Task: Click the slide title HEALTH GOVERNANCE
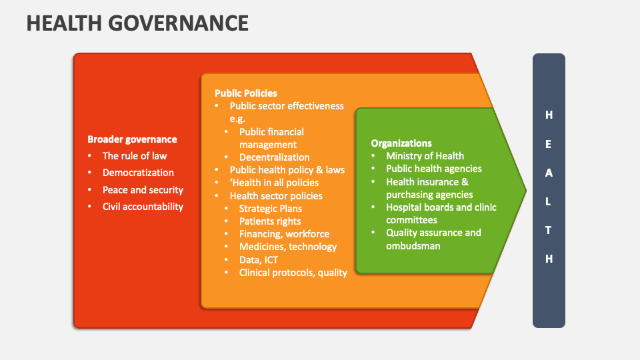[x=137, y=23]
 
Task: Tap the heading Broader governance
[x=132, y=139]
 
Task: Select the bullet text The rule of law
[x=135, y=156]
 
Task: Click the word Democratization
[x=138, y=173]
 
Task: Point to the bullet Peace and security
[x=143, y=190]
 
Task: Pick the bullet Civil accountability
[x=143, y=207]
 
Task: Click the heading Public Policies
[x=246, y=93]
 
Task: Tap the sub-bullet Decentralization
[x=275, y=157]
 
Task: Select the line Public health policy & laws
[x=287, y=170]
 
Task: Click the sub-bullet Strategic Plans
[x=271, y=209]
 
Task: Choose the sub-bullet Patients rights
[x=270, y=221]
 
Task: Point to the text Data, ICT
[x=259, y=260]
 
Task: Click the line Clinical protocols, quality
[x=293, y=273]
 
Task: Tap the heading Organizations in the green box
[x=401, y=143]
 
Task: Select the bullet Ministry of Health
[x=425, y=156]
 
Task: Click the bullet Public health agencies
[x=434, y=169]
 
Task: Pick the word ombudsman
[x=413, y=246]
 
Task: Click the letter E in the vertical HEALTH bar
[x=549, y=144]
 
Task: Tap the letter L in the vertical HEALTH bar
[x=549, y=201]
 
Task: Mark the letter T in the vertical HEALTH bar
[x=549, y=230]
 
